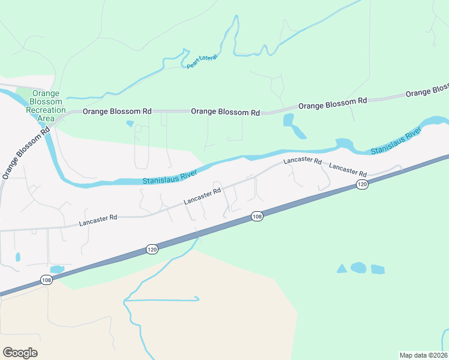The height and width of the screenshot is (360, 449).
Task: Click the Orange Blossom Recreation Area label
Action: (x=46, y=106)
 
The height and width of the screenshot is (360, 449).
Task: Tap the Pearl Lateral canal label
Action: (x=201, y=61)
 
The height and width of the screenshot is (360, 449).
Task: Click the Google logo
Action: (x=20, y=353)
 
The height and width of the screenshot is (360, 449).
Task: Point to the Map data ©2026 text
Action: (x=424, y=355)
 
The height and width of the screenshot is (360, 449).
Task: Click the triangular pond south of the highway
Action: (x=342, y=268)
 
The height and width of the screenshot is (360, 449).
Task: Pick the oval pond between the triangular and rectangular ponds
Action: (x=358, y=268)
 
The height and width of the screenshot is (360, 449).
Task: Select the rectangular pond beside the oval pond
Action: (x=377, y=269)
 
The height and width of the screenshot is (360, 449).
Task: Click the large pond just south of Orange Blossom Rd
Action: (x=292, y=125)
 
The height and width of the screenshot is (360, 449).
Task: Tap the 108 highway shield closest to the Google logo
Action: (x=47, y=280)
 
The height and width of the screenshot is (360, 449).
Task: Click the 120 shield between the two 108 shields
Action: (x=152, y=248)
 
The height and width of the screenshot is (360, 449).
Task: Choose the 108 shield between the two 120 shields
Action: (x=257, y=216)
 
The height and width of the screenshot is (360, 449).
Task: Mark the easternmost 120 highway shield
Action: (x=361, y=184)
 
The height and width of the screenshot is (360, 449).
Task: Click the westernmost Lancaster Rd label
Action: (x=98, y=221)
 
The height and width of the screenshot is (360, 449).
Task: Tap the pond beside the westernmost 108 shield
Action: (x=57, y=269)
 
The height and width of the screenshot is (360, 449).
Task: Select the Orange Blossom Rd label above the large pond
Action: (x=332, y=104)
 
